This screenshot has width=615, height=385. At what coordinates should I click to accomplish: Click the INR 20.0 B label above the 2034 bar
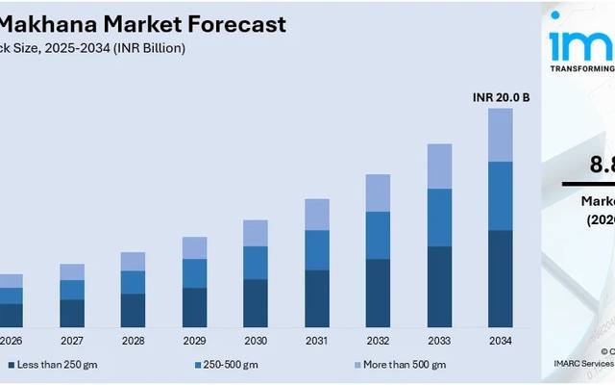[500, 97]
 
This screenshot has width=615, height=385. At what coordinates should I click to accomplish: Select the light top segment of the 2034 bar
[500, 134]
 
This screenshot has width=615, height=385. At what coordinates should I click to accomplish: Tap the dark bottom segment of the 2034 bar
[500, 279]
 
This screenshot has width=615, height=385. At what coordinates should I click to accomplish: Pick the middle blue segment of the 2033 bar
[439, 218]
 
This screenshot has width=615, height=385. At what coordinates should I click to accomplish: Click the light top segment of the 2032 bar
[378, 192]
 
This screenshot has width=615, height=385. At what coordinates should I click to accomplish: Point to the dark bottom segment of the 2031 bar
[317, 298]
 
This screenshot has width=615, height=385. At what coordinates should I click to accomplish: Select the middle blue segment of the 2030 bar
[256, 262]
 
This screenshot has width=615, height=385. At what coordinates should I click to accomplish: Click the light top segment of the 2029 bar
[194, 247]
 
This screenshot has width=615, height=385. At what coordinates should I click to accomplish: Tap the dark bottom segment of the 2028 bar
[133, 310]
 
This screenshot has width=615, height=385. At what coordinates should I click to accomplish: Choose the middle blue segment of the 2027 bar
[72, 290]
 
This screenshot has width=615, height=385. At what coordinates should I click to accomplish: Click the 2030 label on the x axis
[256, 341]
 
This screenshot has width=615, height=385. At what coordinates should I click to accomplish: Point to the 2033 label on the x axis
[439, 341]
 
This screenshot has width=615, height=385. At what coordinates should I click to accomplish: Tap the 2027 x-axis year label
[72, 341]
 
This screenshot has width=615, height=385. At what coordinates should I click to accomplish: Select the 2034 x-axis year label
[500, 341]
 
